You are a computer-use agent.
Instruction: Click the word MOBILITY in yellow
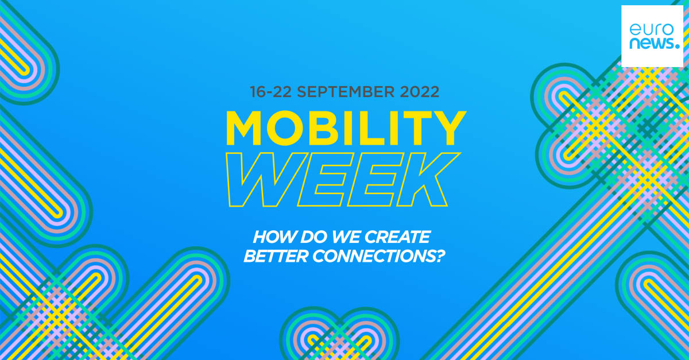point(344,129)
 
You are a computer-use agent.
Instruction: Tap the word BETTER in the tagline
point(275,257)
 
